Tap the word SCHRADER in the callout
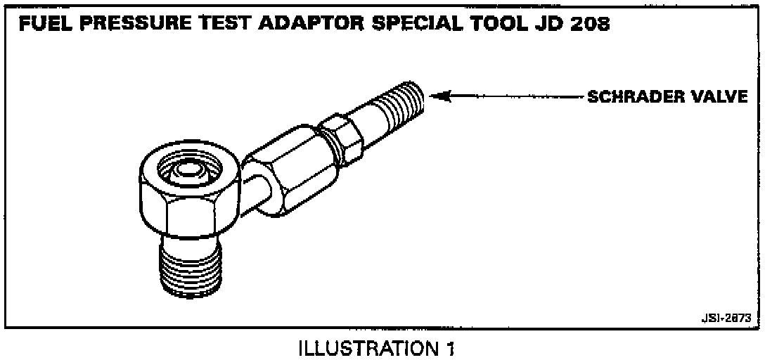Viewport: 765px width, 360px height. pyautogui.click(x=637, y=97)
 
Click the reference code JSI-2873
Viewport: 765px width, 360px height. pyautogui.click(x=724, y=318)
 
